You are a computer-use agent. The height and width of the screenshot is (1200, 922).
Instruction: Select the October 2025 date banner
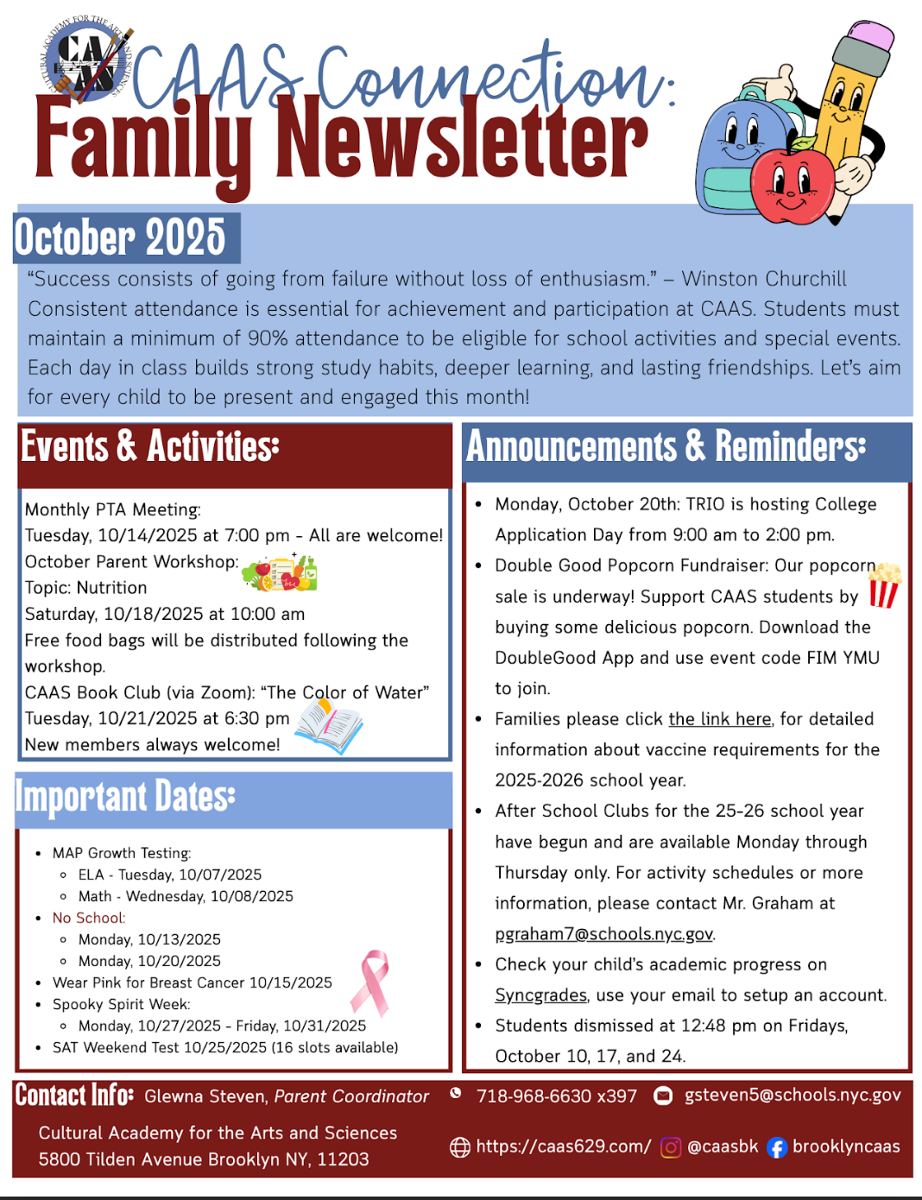click(121, 237)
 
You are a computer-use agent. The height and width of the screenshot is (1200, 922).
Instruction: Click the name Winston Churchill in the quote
click(764, 279)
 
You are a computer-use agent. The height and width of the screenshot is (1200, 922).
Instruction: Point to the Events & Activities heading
click(150, 447)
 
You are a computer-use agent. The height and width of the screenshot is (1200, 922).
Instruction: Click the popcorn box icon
click(884, 585)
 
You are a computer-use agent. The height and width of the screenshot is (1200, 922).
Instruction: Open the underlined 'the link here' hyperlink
click(720, 719)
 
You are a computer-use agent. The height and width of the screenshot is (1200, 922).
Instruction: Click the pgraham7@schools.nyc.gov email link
click(604, 934)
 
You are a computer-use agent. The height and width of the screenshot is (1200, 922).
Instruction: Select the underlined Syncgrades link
click(540, 995)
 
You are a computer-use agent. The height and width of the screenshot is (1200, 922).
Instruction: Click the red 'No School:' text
click(89, 918)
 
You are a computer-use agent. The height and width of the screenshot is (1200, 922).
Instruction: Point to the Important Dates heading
click(125, 797)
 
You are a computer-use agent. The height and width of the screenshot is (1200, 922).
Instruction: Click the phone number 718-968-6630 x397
click(557, 1096)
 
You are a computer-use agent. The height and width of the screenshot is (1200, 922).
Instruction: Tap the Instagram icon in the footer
click(670, 1147)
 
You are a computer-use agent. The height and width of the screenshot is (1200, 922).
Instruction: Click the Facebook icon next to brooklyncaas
click(777, 1147)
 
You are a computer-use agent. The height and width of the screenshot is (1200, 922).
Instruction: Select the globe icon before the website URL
click(460, 1147)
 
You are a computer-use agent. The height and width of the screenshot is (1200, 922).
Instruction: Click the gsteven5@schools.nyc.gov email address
click(793, 1095)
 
